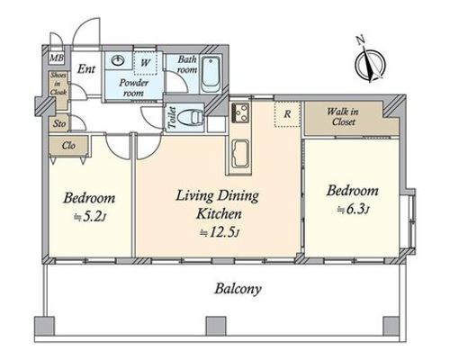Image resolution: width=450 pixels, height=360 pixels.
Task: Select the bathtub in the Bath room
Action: (x=211, y=74)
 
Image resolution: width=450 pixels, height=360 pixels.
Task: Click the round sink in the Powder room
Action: (x=118, y=60)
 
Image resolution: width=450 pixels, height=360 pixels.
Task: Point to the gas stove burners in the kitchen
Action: (x=240, y=112)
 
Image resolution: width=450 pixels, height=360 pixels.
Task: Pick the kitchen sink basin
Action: (x=240, y=154)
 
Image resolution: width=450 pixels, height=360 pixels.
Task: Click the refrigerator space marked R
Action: (x=287, y=114)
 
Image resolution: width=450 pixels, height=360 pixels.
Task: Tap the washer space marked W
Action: (x=146, y=63)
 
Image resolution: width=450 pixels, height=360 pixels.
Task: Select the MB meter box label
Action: (x=57, y=58)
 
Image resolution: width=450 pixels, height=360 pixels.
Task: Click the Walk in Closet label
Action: (x=343, y=117)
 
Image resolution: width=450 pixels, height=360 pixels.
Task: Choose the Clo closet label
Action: (x=68, y=146)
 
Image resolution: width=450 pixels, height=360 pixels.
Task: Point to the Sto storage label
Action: (x=59, y=123)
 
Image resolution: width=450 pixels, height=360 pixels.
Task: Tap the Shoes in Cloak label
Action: (x=58, y=84)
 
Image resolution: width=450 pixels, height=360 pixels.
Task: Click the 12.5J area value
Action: (x=220, y=232)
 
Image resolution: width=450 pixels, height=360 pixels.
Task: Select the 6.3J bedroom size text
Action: (x=353, y=210)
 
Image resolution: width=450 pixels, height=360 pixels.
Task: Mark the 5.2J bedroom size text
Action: (x=90, y=217)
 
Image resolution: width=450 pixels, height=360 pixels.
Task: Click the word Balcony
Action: (x=238, y=290)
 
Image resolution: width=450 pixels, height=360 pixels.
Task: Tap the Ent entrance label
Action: (x=86, y=69)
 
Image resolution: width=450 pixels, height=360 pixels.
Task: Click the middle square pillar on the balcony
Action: (x=216, y=327)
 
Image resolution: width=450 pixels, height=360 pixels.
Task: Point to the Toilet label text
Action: (x=173, y=117)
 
